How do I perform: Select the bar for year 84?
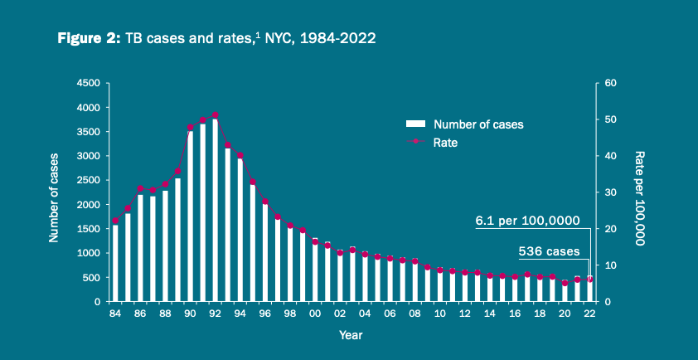pyautogui.click(x=115, y=262)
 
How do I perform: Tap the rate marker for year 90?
pyautogui.click(x=191, y=128)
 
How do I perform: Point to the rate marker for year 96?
pyautogui.click(x=265, y=202)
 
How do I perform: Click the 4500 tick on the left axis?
pyautogui.click(x=88, y=83)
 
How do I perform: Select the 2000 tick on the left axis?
pyautogui.click(x=88, y=205)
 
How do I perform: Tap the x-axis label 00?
pyautogui.click(x=315, y=314)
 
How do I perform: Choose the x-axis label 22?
pyautogui.click(x=589, y=314)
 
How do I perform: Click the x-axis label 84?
pyautogui.click(x=115, y=314)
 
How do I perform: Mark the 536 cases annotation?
pyautogui.click(x=548, y=250)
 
